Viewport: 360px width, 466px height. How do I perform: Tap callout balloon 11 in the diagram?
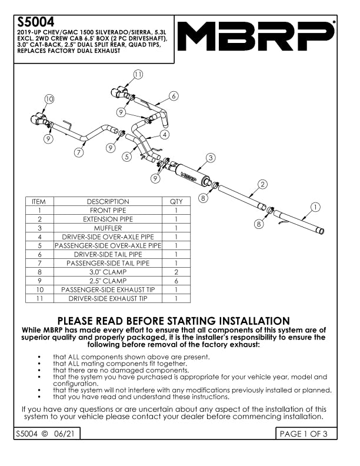coord(138,75)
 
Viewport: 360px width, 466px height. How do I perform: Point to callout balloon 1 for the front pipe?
coord(315,207)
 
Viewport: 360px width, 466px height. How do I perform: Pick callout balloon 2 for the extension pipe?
coord(262,184)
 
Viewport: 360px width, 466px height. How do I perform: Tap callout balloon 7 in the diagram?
coord(79,152)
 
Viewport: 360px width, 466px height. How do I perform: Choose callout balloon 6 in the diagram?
coord(174,95)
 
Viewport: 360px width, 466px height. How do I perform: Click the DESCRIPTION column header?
coord(108,202)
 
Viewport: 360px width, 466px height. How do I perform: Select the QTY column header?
coord(176,202)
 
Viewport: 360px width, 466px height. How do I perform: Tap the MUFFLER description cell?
coord(108,228)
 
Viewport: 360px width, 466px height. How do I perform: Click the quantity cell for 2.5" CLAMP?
coord(176,281)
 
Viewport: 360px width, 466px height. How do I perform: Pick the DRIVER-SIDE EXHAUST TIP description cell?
coord(108,299)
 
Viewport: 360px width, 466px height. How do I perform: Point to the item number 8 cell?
coord(39,272)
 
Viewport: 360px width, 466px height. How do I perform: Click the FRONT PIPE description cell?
coord(108,210)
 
